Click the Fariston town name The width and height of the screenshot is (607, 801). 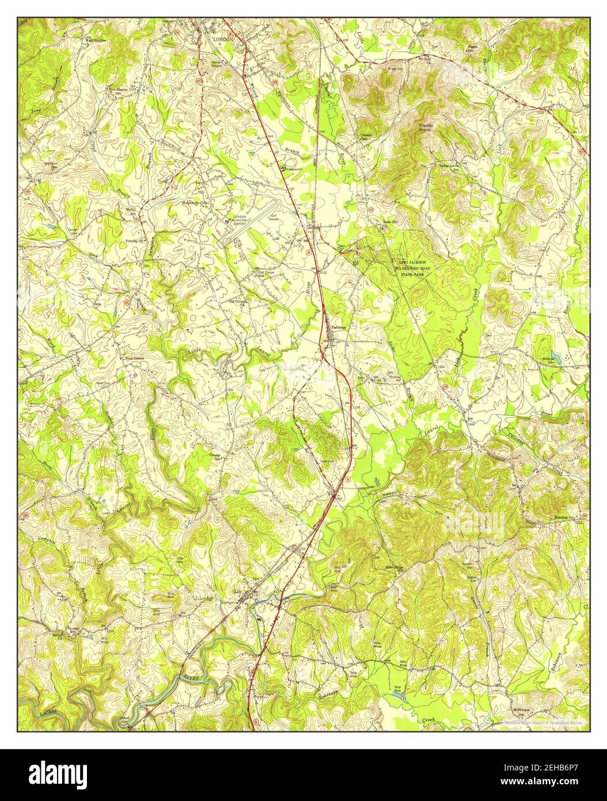point(339,327)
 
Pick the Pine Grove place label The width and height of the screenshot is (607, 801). point(134,358)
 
